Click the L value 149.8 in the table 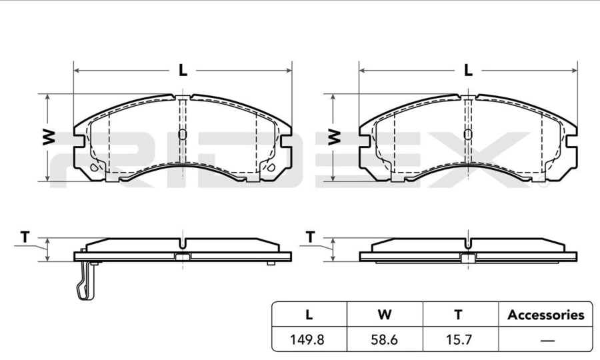click(307, 339)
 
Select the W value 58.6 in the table click(384, 339)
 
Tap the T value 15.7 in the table click(459, 339)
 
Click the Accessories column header click(545, 315)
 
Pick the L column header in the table click(309, 315)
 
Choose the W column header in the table click(385, 315)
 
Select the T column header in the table click(459, 315)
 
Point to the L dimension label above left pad click(183, 70)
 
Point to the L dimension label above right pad click(468, 70)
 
